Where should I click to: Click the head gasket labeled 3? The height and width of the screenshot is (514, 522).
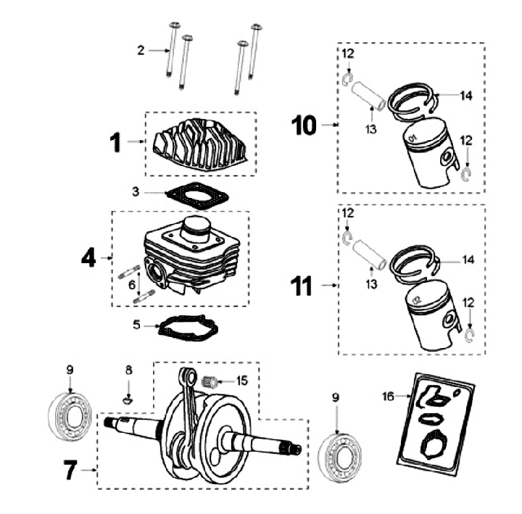196,194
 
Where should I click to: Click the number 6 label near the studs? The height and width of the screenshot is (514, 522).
132,286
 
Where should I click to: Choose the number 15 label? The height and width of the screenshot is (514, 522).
241,380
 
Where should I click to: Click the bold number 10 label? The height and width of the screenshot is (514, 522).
304,125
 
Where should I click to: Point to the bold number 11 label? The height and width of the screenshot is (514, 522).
303,286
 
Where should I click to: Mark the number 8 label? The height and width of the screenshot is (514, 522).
128,370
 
